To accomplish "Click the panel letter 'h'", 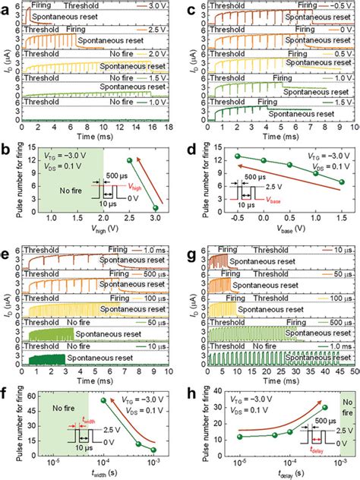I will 188,362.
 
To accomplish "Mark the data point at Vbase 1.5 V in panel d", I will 341,182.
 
